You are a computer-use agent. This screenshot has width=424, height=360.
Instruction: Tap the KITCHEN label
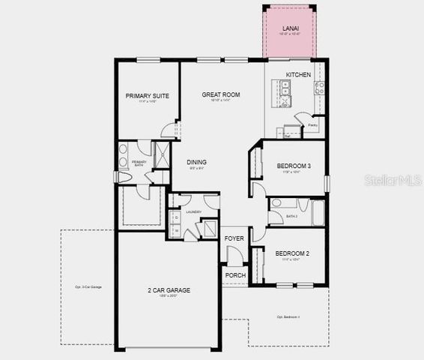click(x=297, y=75)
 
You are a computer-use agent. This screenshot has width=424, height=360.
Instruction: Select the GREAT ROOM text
click(x=221, y=94)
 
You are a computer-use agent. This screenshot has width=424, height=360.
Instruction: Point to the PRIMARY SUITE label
click(x=146, y=96)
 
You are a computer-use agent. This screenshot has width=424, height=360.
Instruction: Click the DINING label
click(x=196, y=162)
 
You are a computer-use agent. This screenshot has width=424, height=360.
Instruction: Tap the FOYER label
click(x=234, y=238)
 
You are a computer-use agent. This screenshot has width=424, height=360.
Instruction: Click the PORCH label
click(x=234, y=275)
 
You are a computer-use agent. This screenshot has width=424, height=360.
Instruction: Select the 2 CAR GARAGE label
click(x=168, y=290)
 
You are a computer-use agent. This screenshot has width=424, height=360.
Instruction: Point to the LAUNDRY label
click(x=194, y=212)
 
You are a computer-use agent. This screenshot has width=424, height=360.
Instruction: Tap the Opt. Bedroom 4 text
click(x=288, y=316)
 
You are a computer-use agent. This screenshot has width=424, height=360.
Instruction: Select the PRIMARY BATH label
click(x=139, y=163)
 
